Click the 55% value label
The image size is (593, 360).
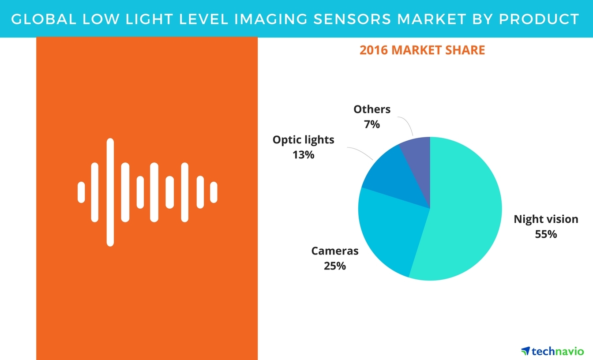pyautogui.click(x=546, y=234)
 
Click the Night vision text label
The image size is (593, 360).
pyautogui.click(x=546, y=219)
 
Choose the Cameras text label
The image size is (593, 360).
pyautogui.click(x=335, y=251)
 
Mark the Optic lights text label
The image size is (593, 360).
pyautogui.click(x=304, y=140)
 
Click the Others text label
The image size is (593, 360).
pyautogui.click(x=372, y=109)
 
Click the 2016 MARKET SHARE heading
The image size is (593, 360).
pyautogui.click(x=422, y=50)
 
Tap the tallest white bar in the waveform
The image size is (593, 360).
pyautogui.click(x=110, y=192)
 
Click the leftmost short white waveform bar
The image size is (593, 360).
pyautogui.click(x=81, y=192)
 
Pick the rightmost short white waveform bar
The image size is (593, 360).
pyautogui.click(x=214, y=192)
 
